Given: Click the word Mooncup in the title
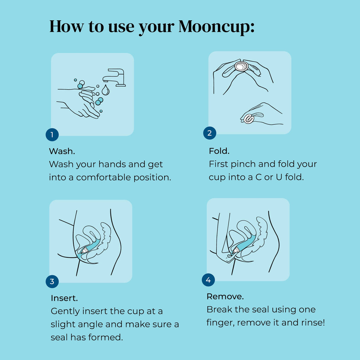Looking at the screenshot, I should (216, 26).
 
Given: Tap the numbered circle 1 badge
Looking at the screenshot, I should (52, 135).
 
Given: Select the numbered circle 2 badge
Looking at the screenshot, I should (210, 133).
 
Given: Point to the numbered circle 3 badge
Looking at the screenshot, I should (52, 281).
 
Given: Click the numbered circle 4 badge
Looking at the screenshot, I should (208, 280).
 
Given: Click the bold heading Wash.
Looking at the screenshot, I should (62, 151).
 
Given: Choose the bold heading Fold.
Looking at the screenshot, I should (219, 151).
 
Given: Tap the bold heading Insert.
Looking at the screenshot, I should (64, 298).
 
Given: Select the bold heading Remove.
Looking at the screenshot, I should (225, 296).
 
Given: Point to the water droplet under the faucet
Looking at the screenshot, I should (105, 91).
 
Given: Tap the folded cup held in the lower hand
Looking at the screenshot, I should (249, 119).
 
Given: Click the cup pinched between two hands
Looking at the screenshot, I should (242, 66).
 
